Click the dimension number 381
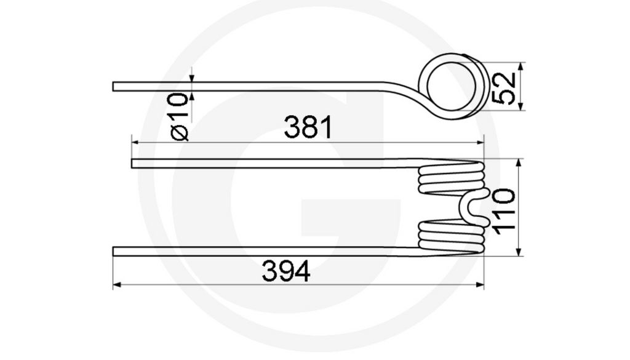(x=308, y=128)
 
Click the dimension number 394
(x=286, y=271)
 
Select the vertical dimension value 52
(x=504, y=87)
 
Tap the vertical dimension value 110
(x=504, y=209)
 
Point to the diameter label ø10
(x=179, y=116)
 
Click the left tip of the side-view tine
(x=115, y=86)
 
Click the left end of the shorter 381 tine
(x=134, y=163)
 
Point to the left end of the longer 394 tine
(x=115, y=251)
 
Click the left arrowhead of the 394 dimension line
(x=116, y=285)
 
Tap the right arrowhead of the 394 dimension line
(x=481, y=285)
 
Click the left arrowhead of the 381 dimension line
(x=135, y=142)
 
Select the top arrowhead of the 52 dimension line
(x=521, y=66)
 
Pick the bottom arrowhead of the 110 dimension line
(x=519, y=252)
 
